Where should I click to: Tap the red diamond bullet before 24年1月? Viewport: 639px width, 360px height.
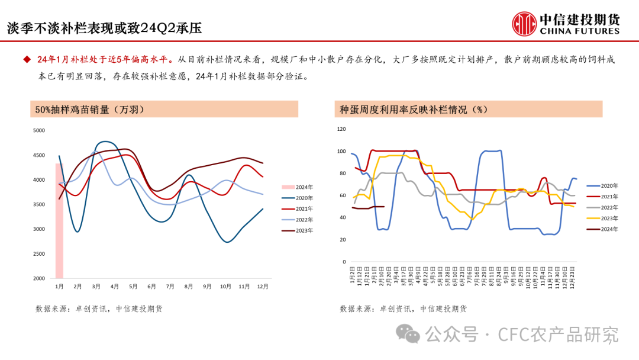click(x=27, y=59)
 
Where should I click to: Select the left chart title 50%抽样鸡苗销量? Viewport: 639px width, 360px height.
click(x=90, y=110)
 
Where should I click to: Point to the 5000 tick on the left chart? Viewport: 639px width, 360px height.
click(x=38, y=130)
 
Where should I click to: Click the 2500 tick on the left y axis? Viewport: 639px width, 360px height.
click(x=38, y=253)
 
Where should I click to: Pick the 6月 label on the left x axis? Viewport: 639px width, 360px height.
click(x=151, y=287)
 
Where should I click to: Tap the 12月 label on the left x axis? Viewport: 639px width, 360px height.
click(x=263, y=287)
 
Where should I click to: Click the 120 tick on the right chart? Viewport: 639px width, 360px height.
click(x=341, y=129)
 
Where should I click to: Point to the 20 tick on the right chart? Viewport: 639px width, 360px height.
click(x=342, y=240)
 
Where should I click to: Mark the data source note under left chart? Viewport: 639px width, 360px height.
click(x=99, y=308)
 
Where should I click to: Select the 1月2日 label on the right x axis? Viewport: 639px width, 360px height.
click(x=353, y=276)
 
